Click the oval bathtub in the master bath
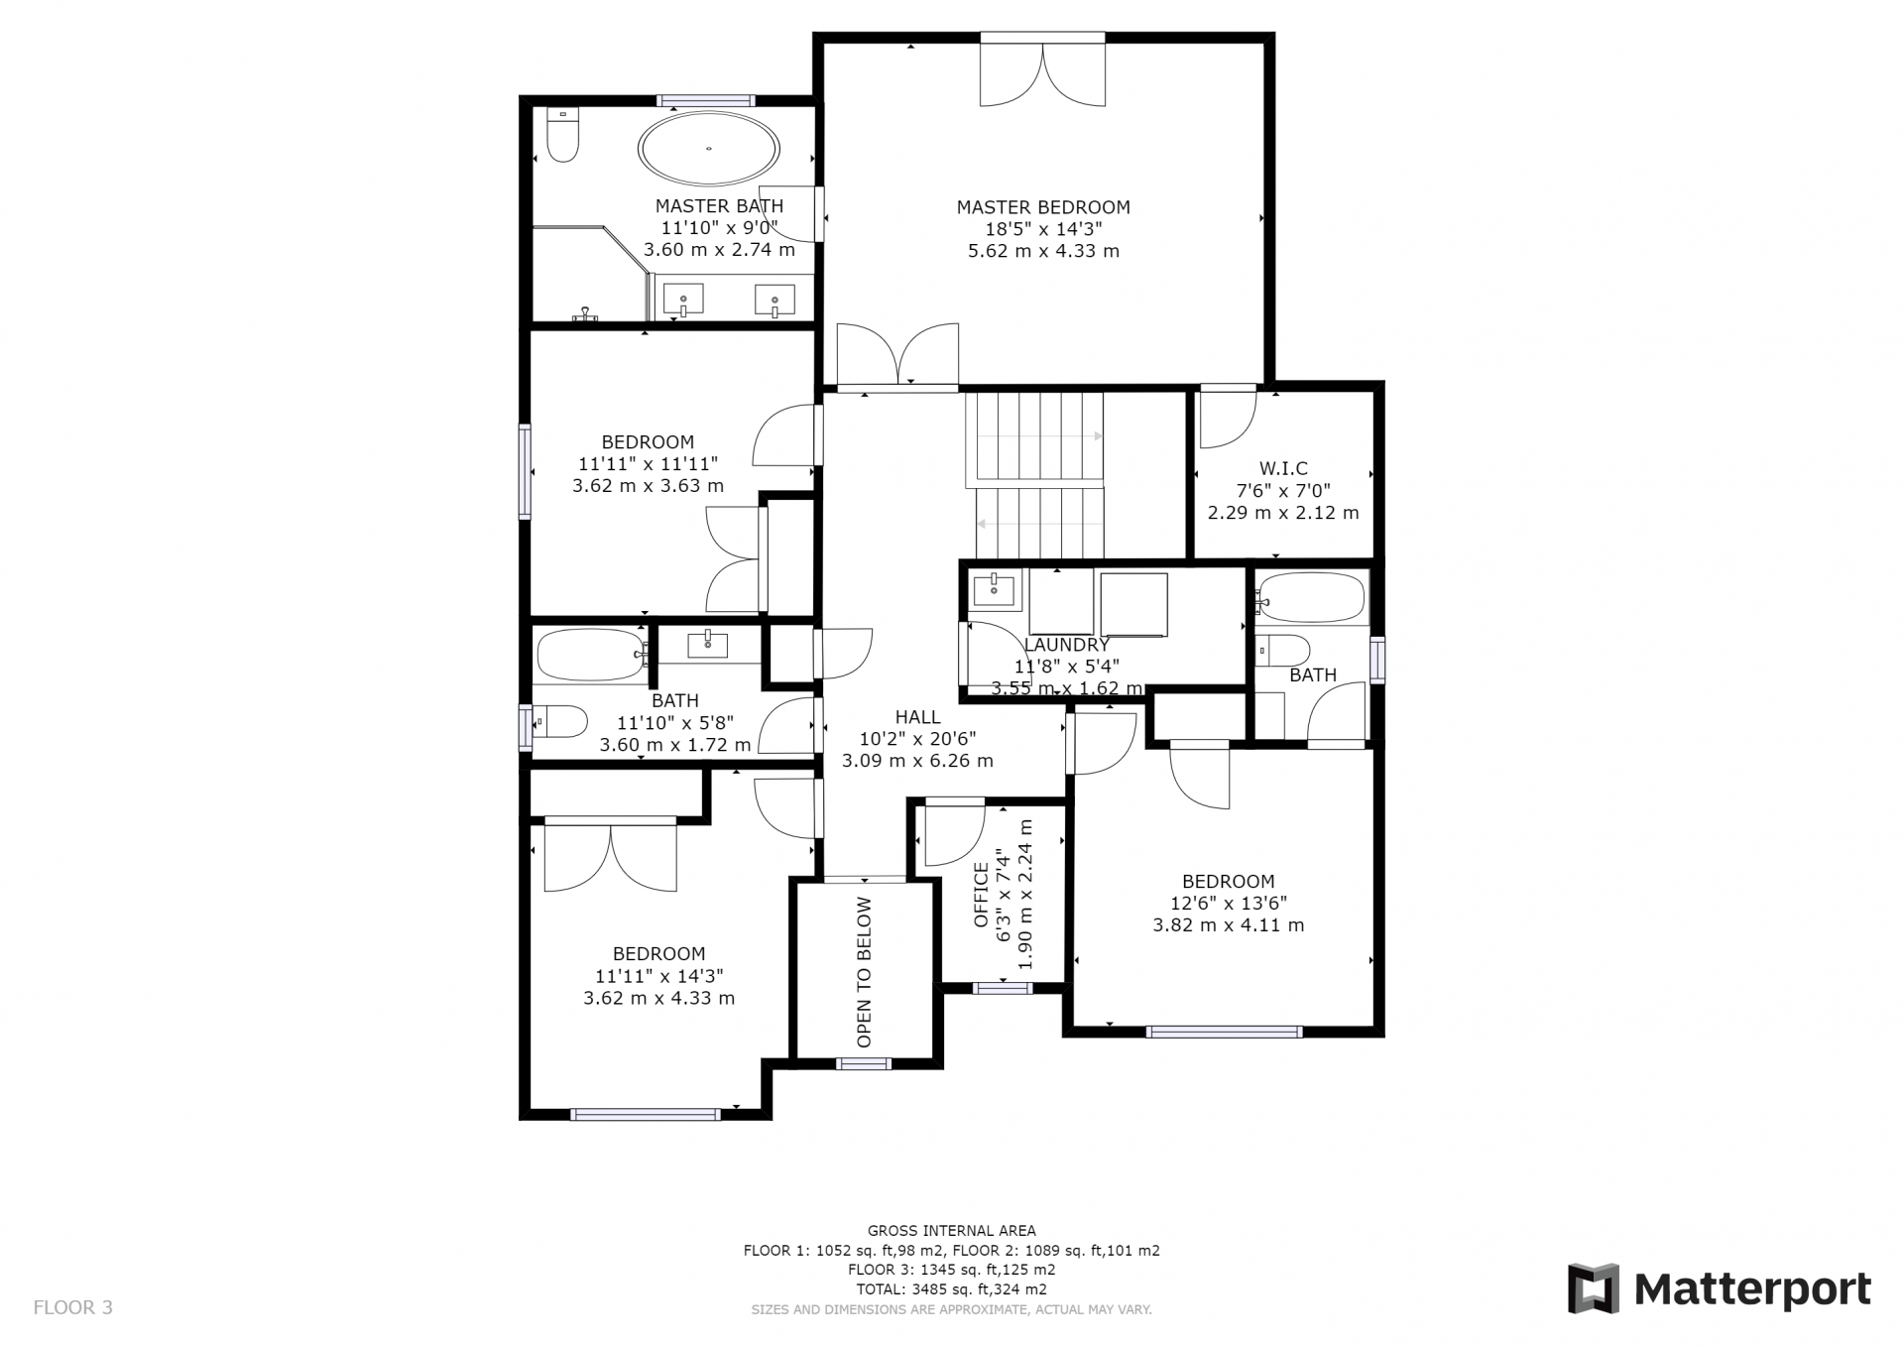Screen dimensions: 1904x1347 (709, 150)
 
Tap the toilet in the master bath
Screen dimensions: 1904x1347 (563, 135)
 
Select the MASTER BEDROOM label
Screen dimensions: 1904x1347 (1043, 207)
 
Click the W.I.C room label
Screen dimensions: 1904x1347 (1283, 468)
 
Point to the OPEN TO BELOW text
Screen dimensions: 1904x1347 (864, 972)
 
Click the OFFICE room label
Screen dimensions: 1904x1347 (981, 895)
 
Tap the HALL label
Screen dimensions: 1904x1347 (917, 717)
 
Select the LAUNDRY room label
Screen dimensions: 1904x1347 (1066, 645)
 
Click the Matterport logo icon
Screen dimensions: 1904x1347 (1593, 1288)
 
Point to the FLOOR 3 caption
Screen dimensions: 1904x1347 (73, 1307)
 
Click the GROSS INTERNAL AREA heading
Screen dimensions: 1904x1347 (952, 1231)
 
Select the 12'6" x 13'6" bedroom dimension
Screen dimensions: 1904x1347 (1228, 904)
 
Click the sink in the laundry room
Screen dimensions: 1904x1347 (993, 589)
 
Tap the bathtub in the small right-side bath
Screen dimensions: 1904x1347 (1313, 598)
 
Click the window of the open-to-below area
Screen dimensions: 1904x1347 (864, 1064)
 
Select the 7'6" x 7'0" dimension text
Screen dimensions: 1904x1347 (1283, 490)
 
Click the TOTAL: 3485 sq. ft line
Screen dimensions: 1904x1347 (952, 1289)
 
